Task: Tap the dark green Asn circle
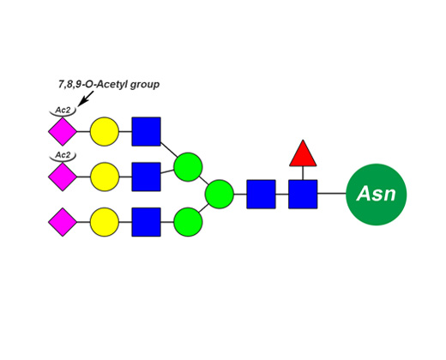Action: pos(377,195)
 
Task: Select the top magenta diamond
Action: pos(63,131)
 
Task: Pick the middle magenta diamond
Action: pos(63,177)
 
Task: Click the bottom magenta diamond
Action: pos(63,222)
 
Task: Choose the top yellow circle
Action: pos(105,131)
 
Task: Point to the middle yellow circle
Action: pos(105,177)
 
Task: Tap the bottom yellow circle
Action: pos(105,222)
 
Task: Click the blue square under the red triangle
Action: pos(303,195)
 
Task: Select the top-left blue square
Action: pos(146,131)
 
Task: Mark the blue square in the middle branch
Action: pos(146,177)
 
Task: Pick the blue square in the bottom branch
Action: pos(146,222)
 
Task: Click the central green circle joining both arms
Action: pos(220,195)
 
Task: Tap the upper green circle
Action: pos(188,167)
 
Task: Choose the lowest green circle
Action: pos(188,222)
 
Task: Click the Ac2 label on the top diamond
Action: pos(63,110)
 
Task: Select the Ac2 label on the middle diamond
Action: pos(63,155)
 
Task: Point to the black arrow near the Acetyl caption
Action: pos(86,99)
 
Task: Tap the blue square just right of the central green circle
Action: pos(261,195)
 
